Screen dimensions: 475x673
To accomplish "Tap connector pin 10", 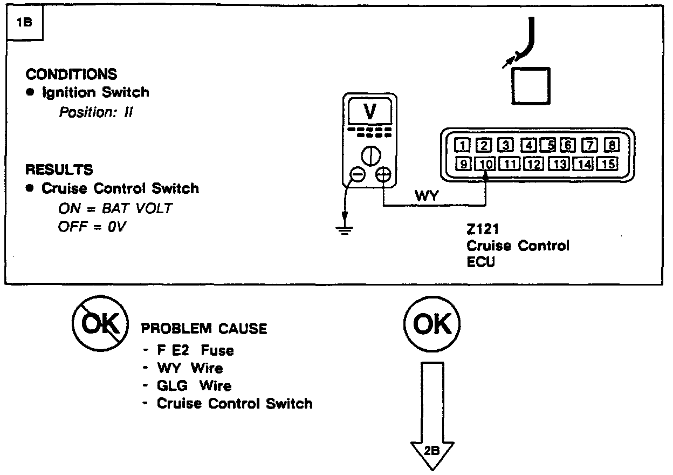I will [x=485, y=164].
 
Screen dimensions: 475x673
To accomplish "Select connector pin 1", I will [x=463, y=145].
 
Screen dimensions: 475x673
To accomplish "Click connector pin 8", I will [x=612, y=145].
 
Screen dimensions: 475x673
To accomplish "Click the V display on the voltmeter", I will [x=370, y=112].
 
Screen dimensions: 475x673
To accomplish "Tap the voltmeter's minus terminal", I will [x=358, y=175].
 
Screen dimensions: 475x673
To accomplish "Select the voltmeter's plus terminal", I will [x=383, y=175].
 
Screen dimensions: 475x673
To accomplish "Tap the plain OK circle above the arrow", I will [x=432, y=325].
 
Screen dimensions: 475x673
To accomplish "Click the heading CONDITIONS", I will [x=71, y=74].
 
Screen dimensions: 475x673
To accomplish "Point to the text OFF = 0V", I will [x=92, y=226].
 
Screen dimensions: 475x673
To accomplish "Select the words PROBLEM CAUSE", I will [x=204, y=329].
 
